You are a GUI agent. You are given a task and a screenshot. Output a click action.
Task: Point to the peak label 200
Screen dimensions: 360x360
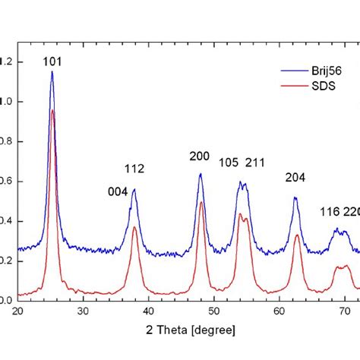200,156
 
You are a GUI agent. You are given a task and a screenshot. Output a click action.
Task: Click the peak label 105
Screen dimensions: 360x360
229,162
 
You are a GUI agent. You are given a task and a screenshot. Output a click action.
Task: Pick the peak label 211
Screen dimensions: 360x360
255,162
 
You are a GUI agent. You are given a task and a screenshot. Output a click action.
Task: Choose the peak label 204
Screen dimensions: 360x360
295,178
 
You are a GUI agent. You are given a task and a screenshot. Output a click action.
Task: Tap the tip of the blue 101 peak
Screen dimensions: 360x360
52,71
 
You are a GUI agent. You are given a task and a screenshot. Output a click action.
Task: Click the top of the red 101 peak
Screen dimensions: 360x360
52,110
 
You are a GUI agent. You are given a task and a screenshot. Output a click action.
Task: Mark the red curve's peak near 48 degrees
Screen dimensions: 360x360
201,202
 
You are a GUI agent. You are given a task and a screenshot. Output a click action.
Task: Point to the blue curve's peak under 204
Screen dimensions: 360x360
295,197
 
